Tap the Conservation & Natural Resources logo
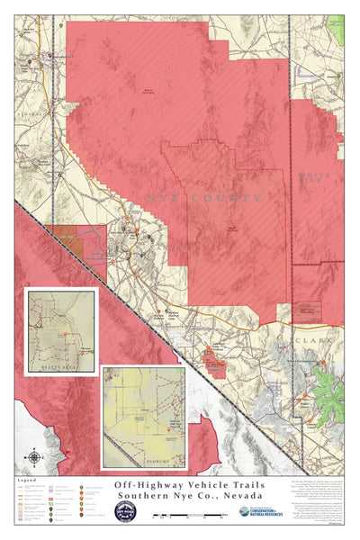(261, 512)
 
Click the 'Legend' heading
(26, 481)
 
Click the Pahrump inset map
(144, 416)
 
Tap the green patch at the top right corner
(337, 27)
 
